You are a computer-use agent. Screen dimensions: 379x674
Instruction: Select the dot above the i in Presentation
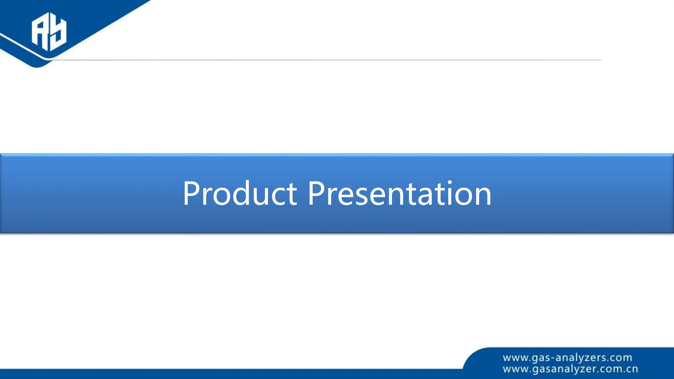[450, 182]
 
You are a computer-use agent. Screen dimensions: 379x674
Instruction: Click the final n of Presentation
[483, 197]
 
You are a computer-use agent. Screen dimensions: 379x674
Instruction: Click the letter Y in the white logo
[59, 33]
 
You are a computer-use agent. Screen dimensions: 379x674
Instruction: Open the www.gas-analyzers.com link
[567, 358]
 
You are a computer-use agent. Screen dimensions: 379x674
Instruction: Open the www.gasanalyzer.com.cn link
[570, 369]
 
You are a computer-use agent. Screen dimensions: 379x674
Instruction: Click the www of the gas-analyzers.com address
[515, 358]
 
